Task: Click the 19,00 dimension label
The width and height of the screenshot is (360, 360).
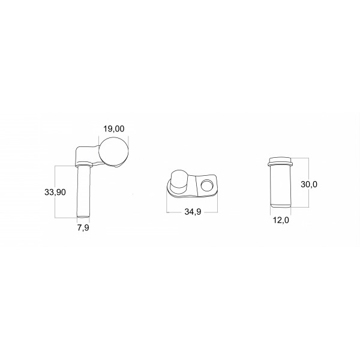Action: pos(113,129)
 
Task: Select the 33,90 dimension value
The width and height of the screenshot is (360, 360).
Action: pos(55,192)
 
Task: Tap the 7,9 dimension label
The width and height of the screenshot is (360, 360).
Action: pos(83,228)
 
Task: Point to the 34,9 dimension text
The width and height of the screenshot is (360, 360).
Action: pos(193,212)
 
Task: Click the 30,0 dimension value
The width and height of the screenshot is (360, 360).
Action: pos(309,184)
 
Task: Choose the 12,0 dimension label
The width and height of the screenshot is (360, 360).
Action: pos(281,220)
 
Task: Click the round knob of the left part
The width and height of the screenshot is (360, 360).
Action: pos(113,152)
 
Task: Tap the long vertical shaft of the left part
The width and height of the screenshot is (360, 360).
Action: pos(83,191)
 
